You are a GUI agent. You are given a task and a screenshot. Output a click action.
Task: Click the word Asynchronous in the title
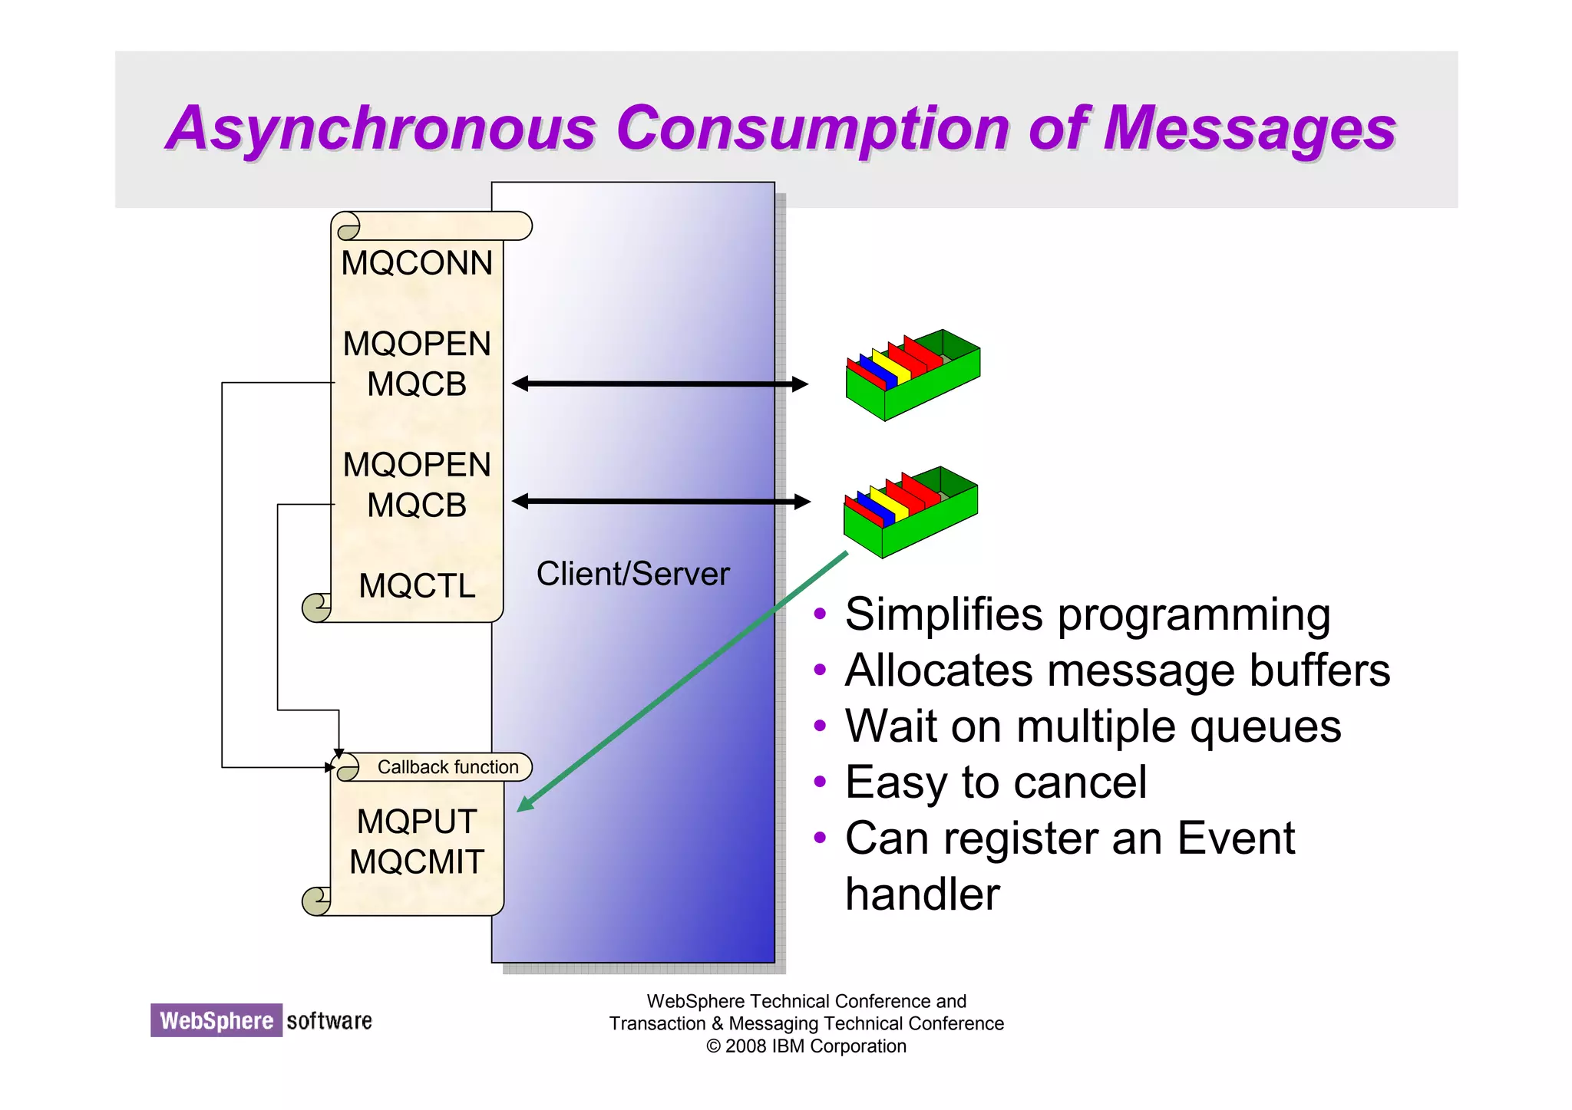click(x=381, y=128)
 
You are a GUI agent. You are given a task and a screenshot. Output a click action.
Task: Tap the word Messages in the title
click(x=1249, y=128)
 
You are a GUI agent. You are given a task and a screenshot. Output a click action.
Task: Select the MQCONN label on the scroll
click(x=417, y=263)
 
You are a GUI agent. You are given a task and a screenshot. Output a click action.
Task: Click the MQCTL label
click(x=417, y=586)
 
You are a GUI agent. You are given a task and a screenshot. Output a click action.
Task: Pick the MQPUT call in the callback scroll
click(x=417, y=822)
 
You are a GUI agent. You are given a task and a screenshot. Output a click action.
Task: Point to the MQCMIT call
click(x=417, y=862)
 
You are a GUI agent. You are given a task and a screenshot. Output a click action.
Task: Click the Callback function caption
click(x=447, y=767)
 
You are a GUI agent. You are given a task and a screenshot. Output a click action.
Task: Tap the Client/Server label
click(x=632, y=574)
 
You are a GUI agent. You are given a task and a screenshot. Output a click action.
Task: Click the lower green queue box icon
click(x=910, y=512)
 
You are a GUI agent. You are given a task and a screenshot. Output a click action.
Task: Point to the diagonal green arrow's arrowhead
click(x=525, y=805)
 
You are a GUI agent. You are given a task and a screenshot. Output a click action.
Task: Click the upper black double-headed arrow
click(x=660, y=384)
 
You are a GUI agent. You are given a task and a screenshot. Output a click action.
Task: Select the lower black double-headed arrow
click(x=660, y=502)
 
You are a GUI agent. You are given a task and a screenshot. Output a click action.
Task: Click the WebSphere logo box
click(x=216, y=1020)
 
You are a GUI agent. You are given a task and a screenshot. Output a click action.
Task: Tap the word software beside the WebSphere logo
click(x=329, y=1021)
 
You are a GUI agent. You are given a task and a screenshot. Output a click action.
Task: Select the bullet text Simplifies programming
click(x=1087, y=614)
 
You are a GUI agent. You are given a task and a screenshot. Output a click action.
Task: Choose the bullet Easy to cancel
click(x=996, y=782)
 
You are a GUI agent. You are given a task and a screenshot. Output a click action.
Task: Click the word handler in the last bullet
click(x=922, y=894)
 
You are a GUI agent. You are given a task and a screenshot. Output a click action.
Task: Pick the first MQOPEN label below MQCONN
click(x=417, y=344)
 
